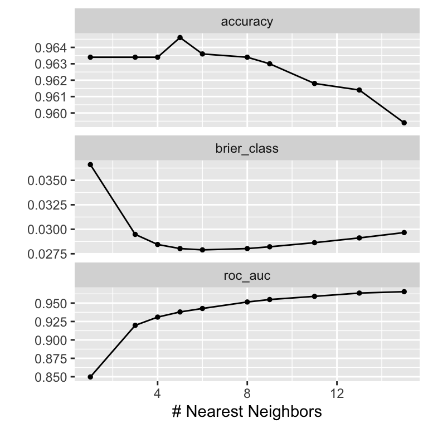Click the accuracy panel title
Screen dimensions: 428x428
point(247,22)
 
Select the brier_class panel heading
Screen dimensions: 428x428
point(247,149)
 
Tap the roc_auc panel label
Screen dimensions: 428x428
point(247,275)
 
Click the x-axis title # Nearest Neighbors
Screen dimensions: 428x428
point(247,412)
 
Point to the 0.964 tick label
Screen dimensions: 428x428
point(51,48)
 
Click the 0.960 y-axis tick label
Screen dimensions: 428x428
point(51,113)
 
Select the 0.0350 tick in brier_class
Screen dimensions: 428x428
point(48,181)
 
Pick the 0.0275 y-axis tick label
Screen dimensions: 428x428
point(48,254)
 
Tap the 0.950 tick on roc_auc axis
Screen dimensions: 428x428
point(51,304)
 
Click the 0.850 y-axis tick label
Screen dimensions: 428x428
point(51,377)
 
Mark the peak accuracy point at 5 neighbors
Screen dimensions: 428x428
point(180,37)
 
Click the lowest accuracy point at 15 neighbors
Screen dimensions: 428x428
point(404,123)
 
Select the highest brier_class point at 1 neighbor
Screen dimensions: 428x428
point(90,164)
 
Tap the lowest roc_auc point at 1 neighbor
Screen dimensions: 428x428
point(90,377)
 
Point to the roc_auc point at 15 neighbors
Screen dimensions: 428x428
point(404,291)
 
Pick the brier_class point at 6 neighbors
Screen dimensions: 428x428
point(202,250)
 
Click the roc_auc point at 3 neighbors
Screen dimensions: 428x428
point(135,325)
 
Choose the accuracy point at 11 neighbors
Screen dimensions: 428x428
point(314,84)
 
